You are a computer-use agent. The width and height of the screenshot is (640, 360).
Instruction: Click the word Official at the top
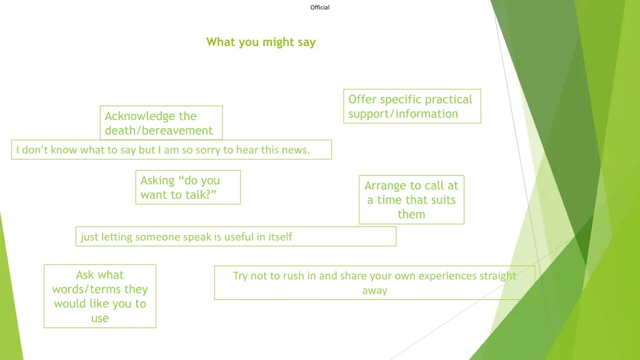319,7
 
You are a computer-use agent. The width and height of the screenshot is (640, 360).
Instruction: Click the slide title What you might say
261,42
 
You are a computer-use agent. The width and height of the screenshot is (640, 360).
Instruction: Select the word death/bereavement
159,131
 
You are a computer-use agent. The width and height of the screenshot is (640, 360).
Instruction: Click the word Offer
362,99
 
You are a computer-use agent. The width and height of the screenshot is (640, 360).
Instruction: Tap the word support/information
403,114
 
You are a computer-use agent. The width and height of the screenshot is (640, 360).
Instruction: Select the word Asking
157,181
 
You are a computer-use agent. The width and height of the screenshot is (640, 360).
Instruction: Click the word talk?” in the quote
199,195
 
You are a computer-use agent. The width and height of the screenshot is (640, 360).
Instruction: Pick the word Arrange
385,186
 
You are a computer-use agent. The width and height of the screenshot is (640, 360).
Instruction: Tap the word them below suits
411,214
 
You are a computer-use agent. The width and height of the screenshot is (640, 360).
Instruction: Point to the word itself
278,237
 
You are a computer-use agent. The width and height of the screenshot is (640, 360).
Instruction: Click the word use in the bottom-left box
100,318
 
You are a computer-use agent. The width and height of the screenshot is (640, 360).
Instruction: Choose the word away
374,291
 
